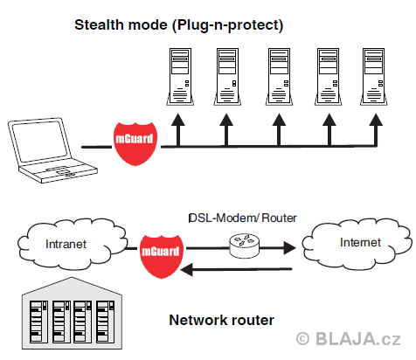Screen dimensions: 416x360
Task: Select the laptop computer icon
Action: pyautogui.click(x=52, y=150)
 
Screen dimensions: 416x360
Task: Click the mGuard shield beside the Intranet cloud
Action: pyautogui.click(x=161, y=256)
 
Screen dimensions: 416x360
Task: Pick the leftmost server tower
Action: pyautogui.click(x=180, y=77)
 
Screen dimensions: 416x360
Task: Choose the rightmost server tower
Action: pyautogui.click(x=374, y=77)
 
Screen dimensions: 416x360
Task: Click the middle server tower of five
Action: pyautogui.click(x=279, y=77)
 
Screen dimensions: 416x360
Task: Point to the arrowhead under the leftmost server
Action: pyautogui.click(x=178, y=120)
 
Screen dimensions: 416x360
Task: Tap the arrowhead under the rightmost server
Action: pyautogui.click(x=376, y=120)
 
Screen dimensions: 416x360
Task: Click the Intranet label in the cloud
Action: pyautogui.click(x=66, y=244)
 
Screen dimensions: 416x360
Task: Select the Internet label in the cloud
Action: pyautogui.click(x=360, y=242)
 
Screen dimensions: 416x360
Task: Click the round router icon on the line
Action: pyautogui.click(x=244, y=246)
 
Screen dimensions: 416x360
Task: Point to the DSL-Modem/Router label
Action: pyautogui.click(x=243, y=218)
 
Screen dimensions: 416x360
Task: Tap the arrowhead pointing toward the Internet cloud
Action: pyautogui.click(x=290, y=248)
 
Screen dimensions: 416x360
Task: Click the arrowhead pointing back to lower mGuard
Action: pyautogui.click(x=187, y=269)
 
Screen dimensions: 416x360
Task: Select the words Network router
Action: pyautogui.click(x=222, y=320)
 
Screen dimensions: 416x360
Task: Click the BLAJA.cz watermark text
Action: pyautogui.click(x=358, y=339)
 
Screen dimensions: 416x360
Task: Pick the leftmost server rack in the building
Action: pyautogui.click(x=38, y=322)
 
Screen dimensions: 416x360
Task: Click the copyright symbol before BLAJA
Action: pyautogui.click(x=302, y=339)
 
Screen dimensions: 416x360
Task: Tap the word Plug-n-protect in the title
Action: pyautogui.click(x=227, y=25)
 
